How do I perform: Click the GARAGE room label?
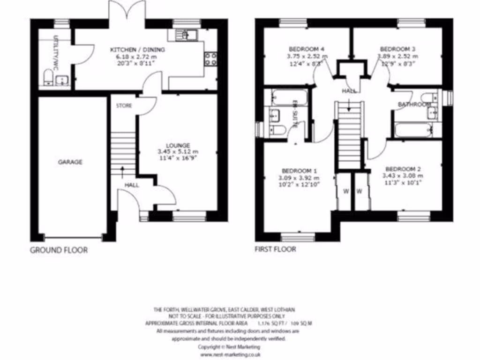click(x=70, y=162)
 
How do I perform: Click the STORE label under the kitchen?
click(x=124, y=106)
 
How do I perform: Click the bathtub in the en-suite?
click(x=289, y=98)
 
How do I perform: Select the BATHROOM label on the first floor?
click(x=414, y=104)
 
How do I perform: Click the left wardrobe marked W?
click(x=346, y=191)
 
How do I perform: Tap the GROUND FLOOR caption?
click(x=59, y=250)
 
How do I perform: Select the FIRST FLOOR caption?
click(x=276, y=249)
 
